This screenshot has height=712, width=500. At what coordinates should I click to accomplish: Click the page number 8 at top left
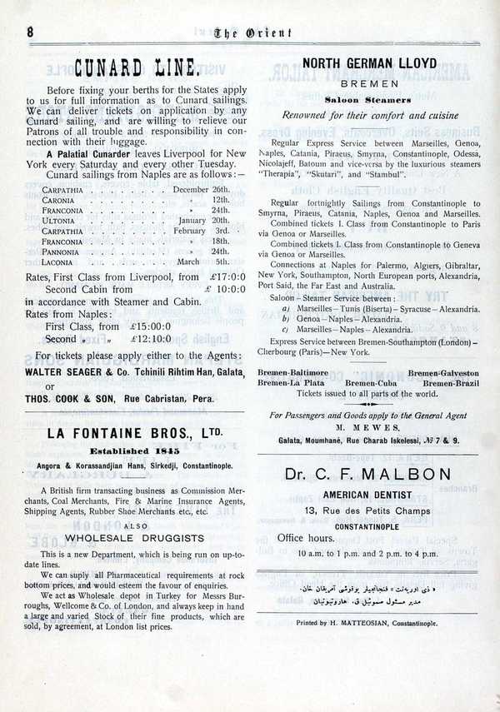(x=30, y=31)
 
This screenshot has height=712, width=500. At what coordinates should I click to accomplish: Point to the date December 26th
(x=201, y=189)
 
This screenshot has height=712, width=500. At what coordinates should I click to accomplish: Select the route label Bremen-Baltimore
(x=292, y=373)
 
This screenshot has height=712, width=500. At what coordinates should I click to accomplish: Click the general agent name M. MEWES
(x=371, y=428)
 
